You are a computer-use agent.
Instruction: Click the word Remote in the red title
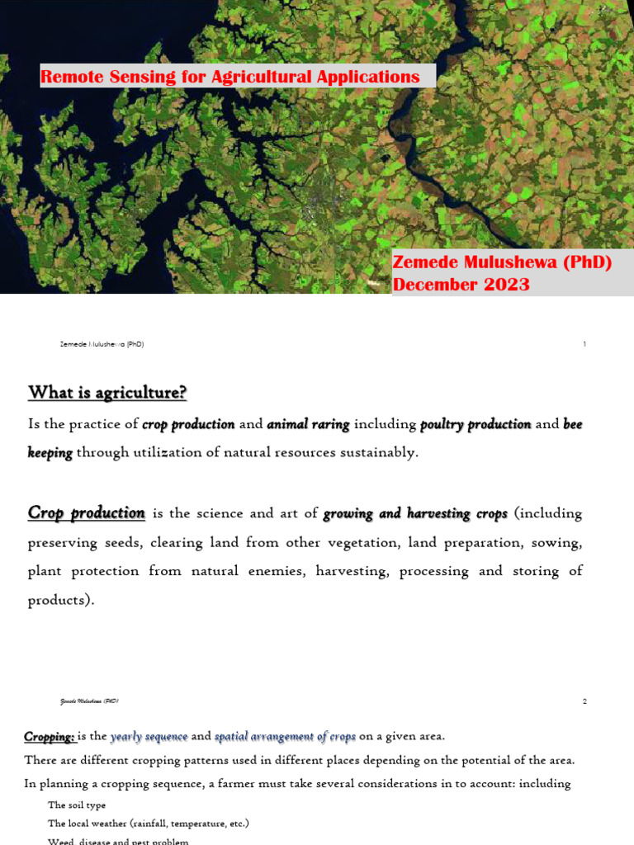[68, 77]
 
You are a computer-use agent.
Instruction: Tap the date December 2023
[461, 285]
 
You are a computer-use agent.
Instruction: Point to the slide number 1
[584, 344]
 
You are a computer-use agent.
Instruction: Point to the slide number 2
[584, 701]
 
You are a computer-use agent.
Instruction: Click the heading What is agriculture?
[107, 392]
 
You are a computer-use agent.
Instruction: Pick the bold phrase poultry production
[475, 424]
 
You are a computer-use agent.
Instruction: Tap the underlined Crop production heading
[87, 512]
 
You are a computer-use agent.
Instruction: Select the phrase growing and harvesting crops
[414, 513]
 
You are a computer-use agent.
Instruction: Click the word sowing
[560, 542]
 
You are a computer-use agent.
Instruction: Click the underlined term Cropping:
[50, 736]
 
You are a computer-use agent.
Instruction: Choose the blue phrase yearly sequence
[149, 736]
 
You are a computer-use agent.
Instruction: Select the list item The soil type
[77, 805]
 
